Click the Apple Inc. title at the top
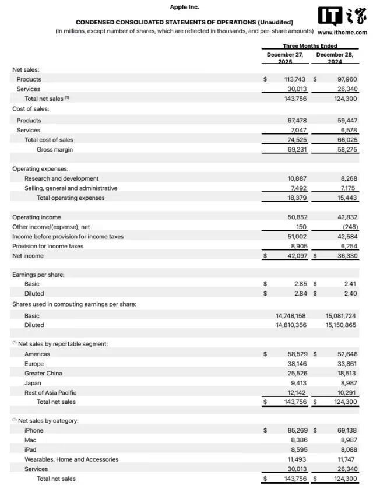[x=184, y=7]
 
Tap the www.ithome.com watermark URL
[x=342, y=33]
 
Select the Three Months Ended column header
[x=310, y=46]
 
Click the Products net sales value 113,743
[x=294, y=79]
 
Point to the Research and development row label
[x=61, y=178]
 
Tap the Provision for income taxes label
[x=48, y=246]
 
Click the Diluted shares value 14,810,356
[x=291, y=325]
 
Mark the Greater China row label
[x=43, y=373]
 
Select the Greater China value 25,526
[x=295, y=373]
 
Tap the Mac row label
[x=30, y=440]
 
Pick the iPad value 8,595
[x=298, y=449]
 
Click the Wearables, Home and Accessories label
[x=71, y=459]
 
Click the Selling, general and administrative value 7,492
[x=297, y=188]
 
